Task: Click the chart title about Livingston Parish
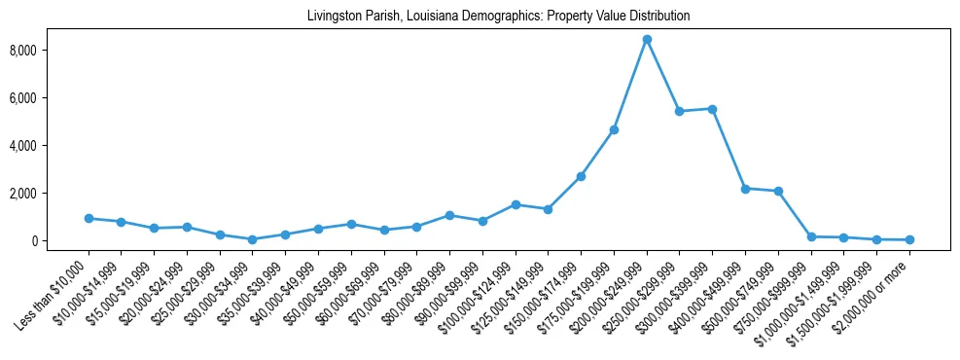pos(498,16)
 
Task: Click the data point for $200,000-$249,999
pos(647,40)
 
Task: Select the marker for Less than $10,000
pos(89,219)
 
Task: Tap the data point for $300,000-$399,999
pos(712,109)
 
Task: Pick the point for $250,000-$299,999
pos(679,112)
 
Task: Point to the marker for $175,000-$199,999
pos(614,129)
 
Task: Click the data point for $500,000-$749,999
pos(778,191)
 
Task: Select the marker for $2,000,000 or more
pos(909,239)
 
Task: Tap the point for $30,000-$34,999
pos(253,239)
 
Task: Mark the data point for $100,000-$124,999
pos(516,204)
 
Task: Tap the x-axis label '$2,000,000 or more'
pos(875,293)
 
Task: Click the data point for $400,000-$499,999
pos(745,189)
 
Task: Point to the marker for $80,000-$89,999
pos(449,215)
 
